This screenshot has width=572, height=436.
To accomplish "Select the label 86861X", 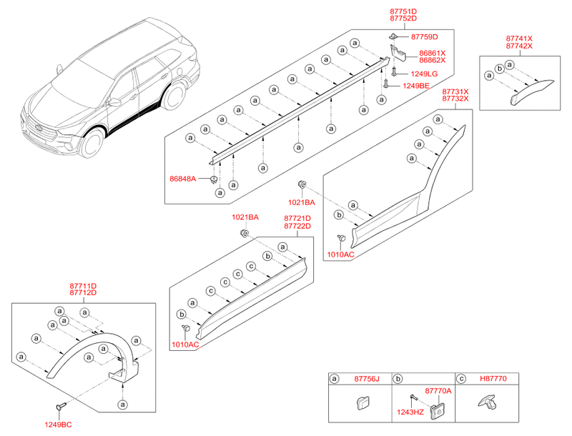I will pos(432,53).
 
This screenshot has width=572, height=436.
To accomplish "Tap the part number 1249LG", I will pos(424,74).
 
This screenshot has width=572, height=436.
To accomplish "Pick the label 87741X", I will pos(519,37).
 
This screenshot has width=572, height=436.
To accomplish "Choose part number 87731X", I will pos(455,91).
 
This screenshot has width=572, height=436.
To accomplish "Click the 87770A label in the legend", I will pos(438,390).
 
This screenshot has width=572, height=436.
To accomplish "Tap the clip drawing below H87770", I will pos(486,405).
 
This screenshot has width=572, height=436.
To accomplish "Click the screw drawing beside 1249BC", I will pos(59,406).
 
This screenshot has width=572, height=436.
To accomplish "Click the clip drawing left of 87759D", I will pos(394,35).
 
